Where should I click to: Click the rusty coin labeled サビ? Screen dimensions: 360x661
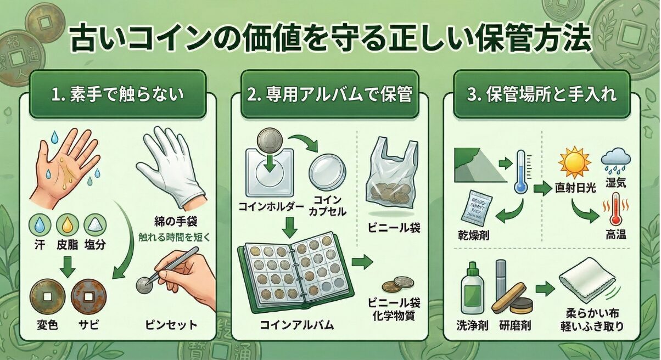[86, 296]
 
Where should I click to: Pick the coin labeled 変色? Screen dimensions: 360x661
[46, 296]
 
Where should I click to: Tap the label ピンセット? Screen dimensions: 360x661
[173, 324]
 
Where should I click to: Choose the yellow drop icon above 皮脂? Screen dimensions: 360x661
[66, 223]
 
